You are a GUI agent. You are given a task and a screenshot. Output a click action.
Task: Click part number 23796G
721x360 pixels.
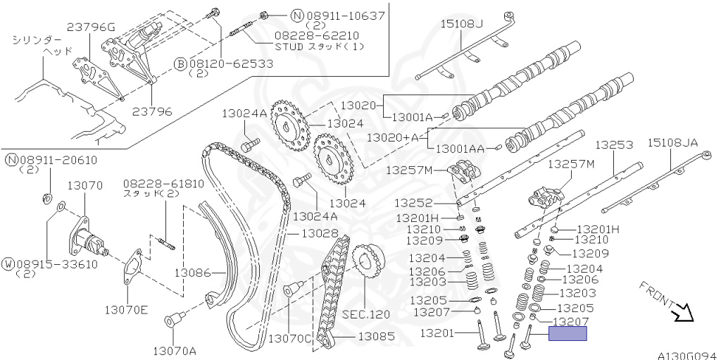(x=90, y=27)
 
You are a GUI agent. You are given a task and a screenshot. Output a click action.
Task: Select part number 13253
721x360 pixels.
(x=614, y=144)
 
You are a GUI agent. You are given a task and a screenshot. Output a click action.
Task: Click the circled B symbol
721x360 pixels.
(x=180, y=63)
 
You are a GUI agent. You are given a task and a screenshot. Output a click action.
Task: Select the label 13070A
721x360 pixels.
(x=175, y=350)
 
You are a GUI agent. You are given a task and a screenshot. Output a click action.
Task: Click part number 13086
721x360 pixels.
(x=193, y=271)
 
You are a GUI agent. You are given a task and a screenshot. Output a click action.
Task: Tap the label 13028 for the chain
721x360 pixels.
(x=315, y=232)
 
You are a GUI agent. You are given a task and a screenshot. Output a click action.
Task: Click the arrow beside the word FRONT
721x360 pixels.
(x=682, y=311)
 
